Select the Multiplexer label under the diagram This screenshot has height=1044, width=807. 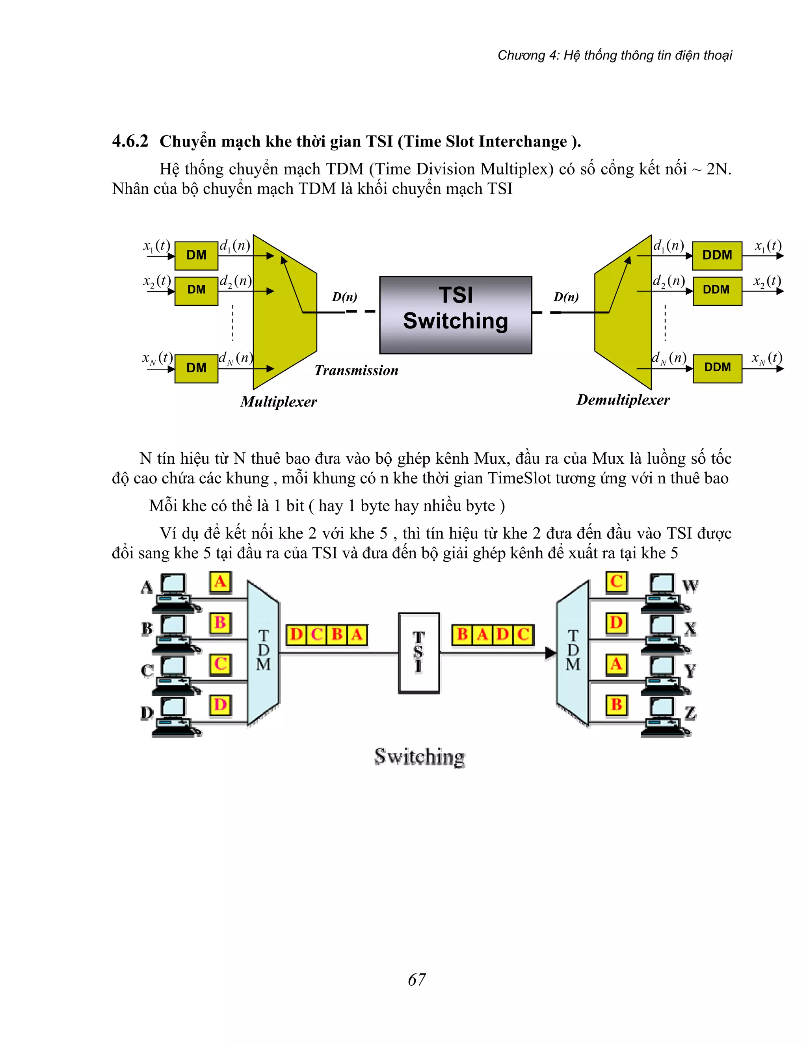[x=278, y=401]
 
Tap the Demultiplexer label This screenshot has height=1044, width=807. [x=623, y=399]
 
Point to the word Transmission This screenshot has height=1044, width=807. [x=356, y=370]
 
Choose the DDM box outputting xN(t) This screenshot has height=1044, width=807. [x=717, y=368]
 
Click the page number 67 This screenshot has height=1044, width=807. [x=417, y=979]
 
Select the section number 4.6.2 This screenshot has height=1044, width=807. [x=130, y=141]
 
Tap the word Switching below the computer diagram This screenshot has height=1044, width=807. [x=419, y=757]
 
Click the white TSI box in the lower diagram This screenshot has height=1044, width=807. [x=419, y=653]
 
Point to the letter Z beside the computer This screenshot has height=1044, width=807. [x=690, y=713]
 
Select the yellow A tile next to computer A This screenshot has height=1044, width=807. [x=220, y=582]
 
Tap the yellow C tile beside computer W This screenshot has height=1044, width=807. [x=616, y=582]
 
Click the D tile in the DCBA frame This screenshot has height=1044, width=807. [x=296, y=635]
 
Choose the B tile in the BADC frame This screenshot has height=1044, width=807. [x=462, y=635]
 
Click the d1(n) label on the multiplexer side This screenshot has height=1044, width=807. [x=235, y=246]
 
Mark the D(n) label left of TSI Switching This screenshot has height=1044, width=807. [x=344, y=297]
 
